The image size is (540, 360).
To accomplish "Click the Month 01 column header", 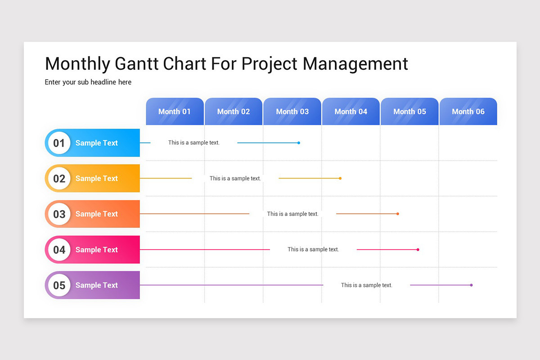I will (x=175, y=112).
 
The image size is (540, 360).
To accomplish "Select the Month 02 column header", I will (x=233, y=112).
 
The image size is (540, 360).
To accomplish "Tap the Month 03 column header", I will (x=292, y=112).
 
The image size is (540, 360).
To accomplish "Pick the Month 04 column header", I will (x=351, y=112).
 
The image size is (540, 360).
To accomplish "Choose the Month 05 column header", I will (x=409, y=112).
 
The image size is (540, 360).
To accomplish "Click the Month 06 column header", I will (x=468, y=112).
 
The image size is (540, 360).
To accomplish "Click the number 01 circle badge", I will (x=59, y=143).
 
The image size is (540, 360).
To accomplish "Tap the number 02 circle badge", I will (x=59, y=179).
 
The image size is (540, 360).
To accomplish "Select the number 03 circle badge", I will (x=59, y=214).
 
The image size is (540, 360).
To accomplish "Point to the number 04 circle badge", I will (x=59, y=250).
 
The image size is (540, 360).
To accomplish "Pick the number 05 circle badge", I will (x=59, y=285).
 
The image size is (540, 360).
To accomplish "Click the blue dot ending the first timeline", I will (x=299, y=143).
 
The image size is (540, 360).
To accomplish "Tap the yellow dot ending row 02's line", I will (x=340, y=179).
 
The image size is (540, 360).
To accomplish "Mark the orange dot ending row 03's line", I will (x=398, y=214).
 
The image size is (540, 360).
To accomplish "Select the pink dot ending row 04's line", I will (x=418, y=249).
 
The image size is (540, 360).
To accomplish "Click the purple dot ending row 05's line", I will (x=471, y=285).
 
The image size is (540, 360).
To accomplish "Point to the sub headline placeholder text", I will (x=88, y=82).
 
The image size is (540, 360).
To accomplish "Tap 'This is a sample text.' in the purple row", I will (x=366, y=285).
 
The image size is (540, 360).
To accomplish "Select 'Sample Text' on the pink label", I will (x=96, y=250).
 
